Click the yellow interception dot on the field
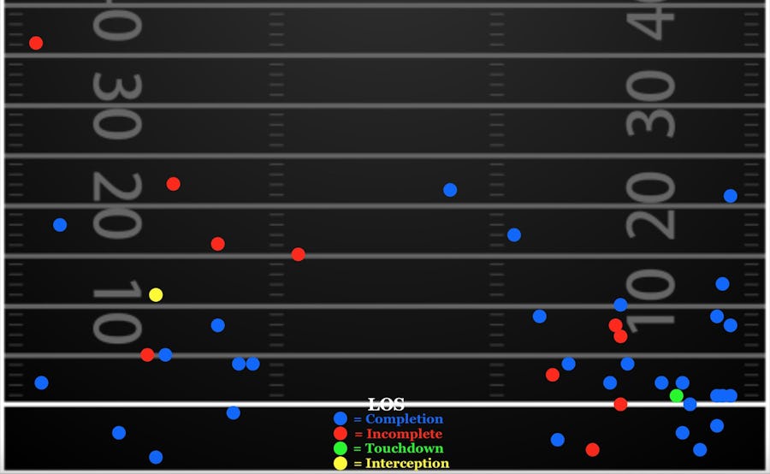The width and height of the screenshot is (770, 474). pos(156,295)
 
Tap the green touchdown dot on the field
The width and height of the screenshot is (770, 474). pos(677,395)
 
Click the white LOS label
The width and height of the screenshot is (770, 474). pos(386,405)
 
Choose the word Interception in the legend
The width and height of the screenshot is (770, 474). pos(406,463)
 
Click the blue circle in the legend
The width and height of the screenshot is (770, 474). pos(341,419)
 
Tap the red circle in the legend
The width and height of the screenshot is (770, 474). pos(341,434)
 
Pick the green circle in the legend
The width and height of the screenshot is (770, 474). pos(341,448)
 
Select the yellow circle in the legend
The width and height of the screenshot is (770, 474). pos(341,463)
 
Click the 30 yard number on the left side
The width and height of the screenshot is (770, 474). pos(116,106)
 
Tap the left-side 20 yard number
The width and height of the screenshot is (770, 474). pos(116,206)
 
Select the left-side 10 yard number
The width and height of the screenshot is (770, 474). pos(116,311)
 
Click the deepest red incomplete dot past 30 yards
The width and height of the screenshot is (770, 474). pos(36,43)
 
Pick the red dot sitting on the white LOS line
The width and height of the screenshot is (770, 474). pos(620,404)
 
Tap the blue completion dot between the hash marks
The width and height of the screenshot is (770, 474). pos(450,190)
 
